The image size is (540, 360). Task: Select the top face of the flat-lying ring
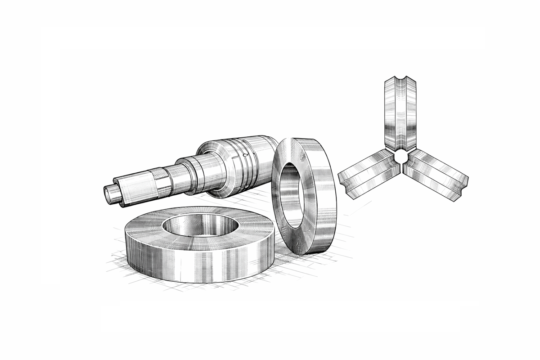(148, 229)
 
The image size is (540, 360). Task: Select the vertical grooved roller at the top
(400, 112)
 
